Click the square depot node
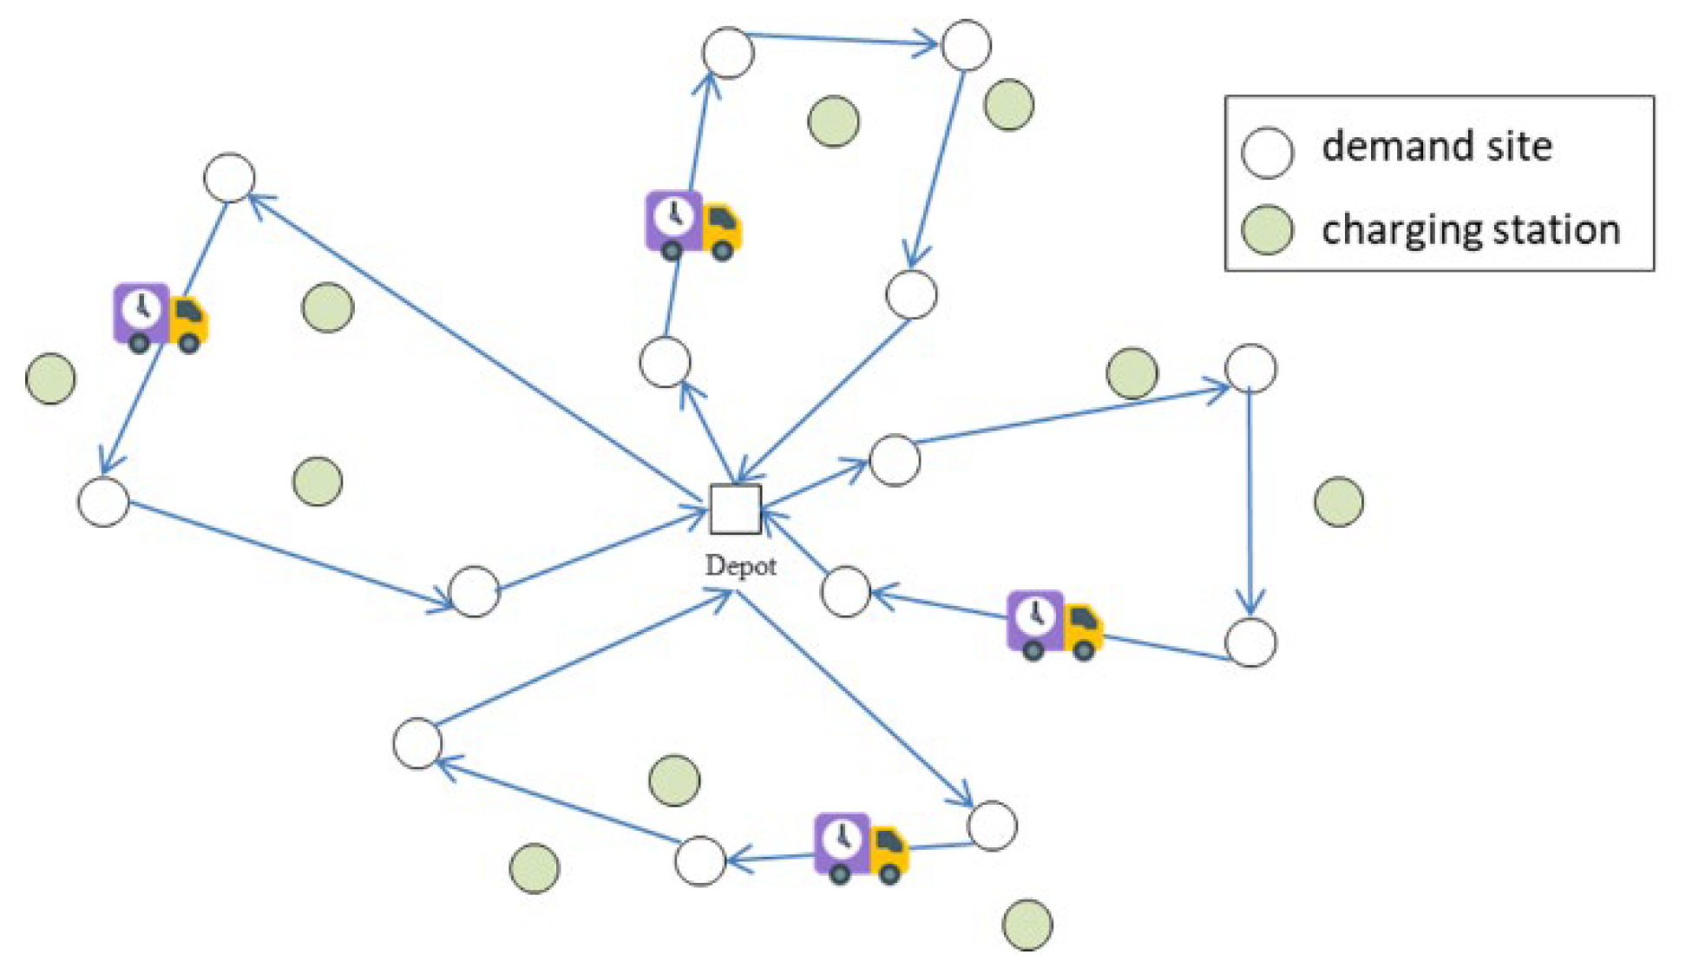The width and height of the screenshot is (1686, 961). click(735, 509)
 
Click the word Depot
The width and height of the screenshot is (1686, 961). click(740, 566)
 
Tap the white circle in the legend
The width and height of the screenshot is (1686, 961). click(1267, 152)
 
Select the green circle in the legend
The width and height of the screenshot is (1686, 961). click(1267, 230)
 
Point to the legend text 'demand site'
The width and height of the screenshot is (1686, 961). click(1436, 146)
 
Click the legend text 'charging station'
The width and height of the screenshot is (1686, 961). click(1471, 230)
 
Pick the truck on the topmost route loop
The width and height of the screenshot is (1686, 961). click(692, 225)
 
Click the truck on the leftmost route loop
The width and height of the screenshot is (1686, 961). click(161, 317)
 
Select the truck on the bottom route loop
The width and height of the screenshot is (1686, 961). click(860, 847)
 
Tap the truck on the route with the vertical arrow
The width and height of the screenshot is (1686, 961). click(1053, 625)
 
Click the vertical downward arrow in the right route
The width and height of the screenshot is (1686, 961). click(1250, 504)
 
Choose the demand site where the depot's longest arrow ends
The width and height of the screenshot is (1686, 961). click(229, 178)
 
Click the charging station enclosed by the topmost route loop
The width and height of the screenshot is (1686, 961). click(833, 121)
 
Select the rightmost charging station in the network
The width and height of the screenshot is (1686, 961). click(1339, 501)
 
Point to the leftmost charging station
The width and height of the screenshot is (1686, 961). click(50, 378)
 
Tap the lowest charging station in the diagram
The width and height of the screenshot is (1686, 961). click(1027, 924)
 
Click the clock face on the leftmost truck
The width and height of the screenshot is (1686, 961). click(140, 306)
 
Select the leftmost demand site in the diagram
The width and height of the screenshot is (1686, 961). click(103, 501)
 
